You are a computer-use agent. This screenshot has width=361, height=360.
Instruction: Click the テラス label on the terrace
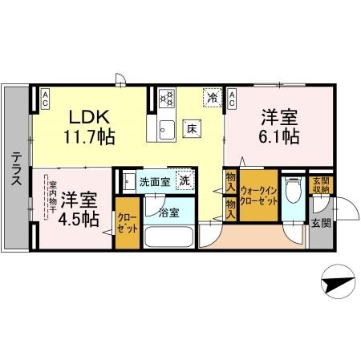[14, 171]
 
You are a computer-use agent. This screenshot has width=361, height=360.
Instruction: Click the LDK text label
[83, 117]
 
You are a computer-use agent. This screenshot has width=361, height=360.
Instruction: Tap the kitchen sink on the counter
[167, 127]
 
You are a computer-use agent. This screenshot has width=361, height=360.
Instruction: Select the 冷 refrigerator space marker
[212, 97]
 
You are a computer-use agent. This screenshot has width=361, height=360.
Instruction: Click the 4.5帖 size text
[79, 218]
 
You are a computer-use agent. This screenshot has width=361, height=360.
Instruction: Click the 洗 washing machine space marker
[184, 181]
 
